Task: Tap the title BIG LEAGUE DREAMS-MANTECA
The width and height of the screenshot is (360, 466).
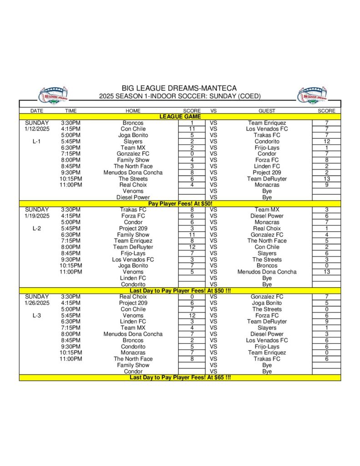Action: (x=179, y=88)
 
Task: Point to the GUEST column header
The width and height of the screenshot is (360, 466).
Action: (x=267, y=111)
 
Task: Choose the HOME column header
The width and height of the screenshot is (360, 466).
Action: (x=133, y=111)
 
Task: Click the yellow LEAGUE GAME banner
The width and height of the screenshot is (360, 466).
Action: (x=180, y=116)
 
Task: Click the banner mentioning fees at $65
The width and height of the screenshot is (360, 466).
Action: (x=180, y=377)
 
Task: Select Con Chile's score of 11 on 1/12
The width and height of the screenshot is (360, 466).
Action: (x=192, y=129)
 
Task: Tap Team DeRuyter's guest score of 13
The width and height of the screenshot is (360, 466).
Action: (x=326, y=179)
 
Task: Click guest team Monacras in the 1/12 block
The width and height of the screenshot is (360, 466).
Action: (x=267, y=185)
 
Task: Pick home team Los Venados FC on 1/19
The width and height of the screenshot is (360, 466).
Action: (x=133, y=259)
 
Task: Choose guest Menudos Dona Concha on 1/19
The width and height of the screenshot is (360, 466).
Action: (x=267, y=272)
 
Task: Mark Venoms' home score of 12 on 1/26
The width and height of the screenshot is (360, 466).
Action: (x=192, y=315)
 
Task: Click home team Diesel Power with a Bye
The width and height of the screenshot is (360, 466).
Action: (x=133, y=198)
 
